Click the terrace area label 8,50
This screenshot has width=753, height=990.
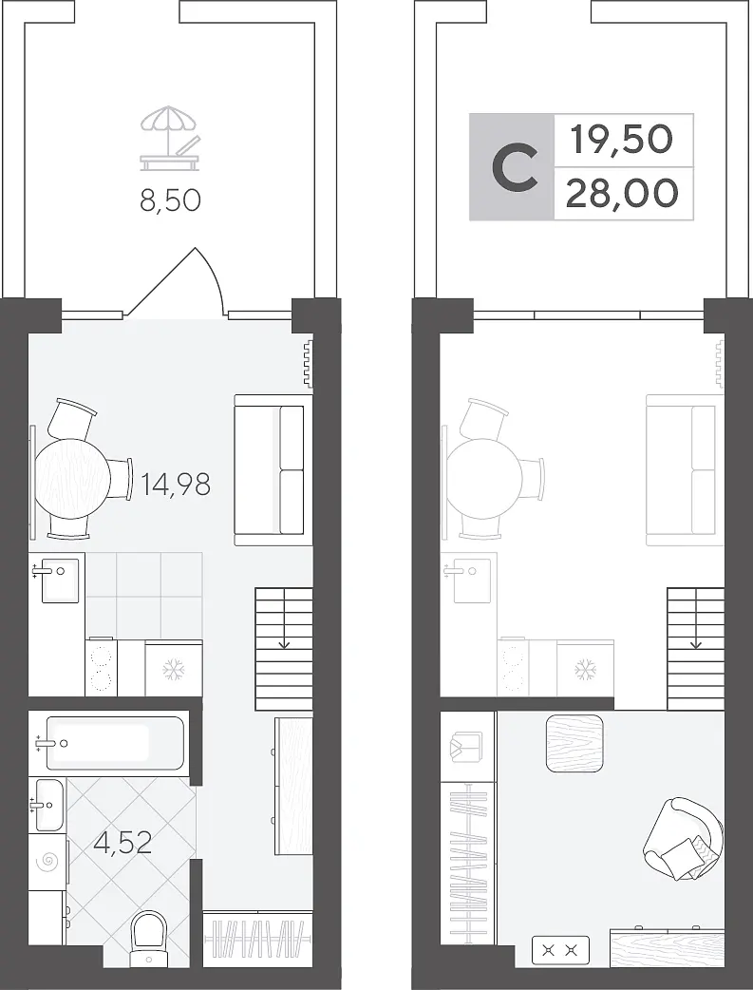click(x=170, y=200)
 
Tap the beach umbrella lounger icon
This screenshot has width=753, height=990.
click(x=170, y=139)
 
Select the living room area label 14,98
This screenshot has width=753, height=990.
click(x=176, y=485)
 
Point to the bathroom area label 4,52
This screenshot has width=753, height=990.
click(x=122, y=842)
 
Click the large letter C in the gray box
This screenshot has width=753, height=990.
click(x=515, y=168)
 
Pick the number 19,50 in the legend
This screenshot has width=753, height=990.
click(x=622, y=140)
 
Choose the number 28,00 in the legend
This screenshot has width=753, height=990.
click(x=622, y=193)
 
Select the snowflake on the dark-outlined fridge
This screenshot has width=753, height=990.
click(x=173, y=669)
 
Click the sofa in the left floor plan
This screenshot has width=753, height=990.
click(x=273, y=470)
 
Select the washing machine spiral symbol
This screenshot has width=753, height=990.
click(x=48, y=863)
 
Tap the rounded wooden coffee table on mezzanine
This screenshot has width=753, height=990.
click(x=574, y=743)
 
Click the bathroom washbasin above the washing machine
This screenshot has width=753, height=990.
click(x=47, y=805)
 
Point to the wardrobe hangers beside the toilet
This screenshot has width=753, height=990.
click(x=258, y=939)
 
